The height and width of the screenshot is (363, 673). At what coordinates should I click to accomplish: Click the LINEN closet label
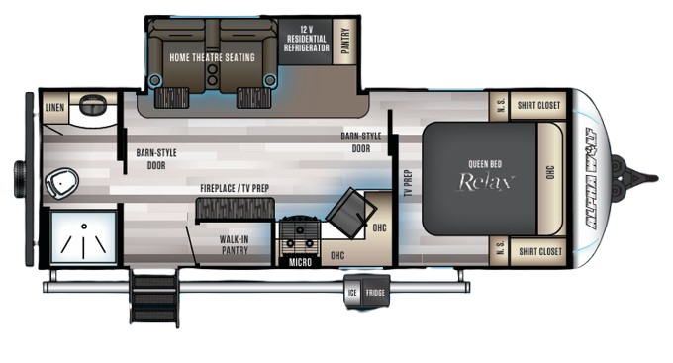click(54, 106)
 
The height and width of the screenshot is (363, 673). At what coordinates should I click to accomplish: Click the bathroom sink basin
click(93, 103)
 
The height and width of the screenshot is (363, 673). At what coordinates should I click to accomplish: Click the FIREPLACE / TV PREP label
click(235, 187)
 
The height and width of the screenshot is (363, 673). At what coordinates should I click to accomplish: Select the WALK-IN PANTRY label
click(234, 244)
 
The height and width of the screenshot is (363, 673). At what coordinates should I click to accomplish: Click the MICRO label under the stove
click(299, 263)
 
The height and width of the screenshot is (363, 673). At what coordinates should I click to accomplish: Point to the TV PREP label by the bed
click(407, 184)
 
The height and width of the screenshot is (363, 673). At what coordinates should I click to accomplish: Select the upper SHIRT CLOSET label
click(539, 104)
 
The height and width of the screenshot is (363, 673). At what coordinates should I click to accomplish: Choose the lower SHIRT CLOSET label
click(539, 251)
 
